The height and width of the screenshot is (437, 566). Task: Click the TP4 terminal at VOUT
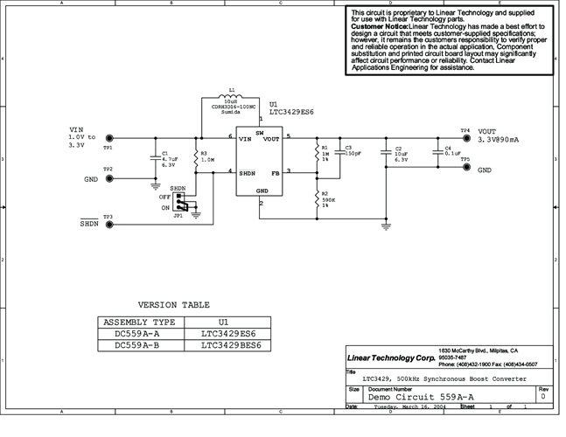pyautogui.click(x=465, y=138)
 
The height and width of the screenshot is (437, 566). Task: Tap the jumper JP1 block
pyautogui.click(x=181, y=202)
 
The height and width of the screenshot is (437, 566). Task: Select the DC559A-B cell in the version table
pyautogui.click(x=139, y=345)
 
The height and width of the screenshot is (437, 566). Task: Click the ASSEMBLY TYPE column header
pyautogui.click(x=139, y=321)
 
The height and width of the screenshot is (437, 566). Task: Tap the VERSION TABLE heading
pyautogui.click(x=174, y=305)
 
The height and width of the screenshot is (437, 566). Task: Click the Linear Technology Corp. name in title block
pyautogui.click(x=390, y=358)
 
